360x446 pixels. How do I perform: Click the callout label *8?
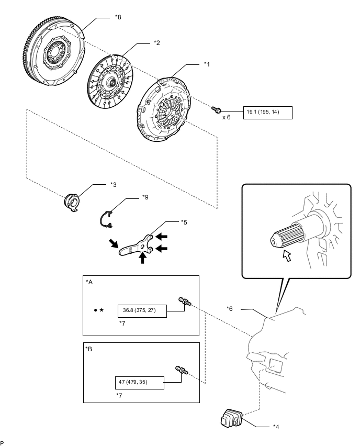[x=118, y=17]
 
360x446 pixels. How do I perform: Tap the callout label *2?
[x=156, y=43]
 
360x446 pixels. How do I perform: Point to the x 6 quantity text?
[x=227, y=117]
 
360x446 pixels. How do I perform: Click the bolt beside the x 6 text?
[x=216, y=110]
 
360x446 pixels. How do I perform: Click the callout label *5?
[x=184, y=222]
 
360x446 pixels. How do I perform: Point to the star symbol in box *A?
[x=102, y=310]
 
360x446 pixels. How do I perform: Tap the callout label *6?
[x=230, y=308]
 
